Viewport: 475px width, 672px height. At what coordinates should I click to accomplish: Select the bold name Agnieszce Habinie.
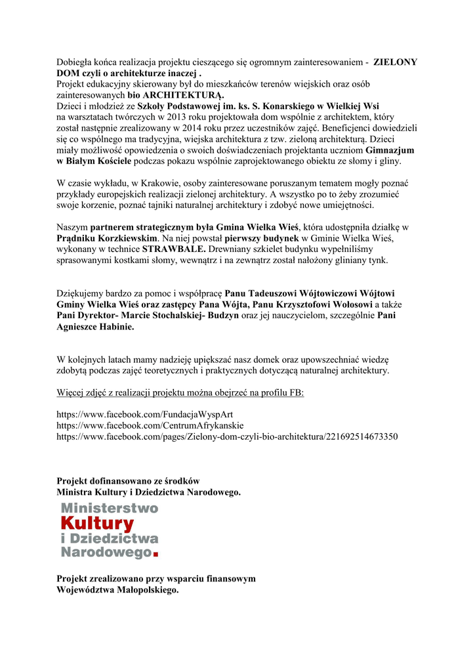(x=95, y=326)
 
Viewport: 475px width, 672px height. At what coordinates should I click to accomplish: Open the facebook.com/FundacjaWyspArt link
(x=144, y=415)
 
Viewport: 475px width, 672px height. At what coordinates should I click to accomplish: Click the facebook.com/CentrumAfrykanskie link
(x=150, y=425)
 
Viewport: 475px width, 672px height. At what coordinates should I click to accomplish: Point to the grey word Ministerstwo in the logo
(x=110, y=508)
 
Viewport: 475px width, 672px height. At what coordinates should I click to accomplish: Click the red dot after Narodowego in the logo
(x=155, y=555)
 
